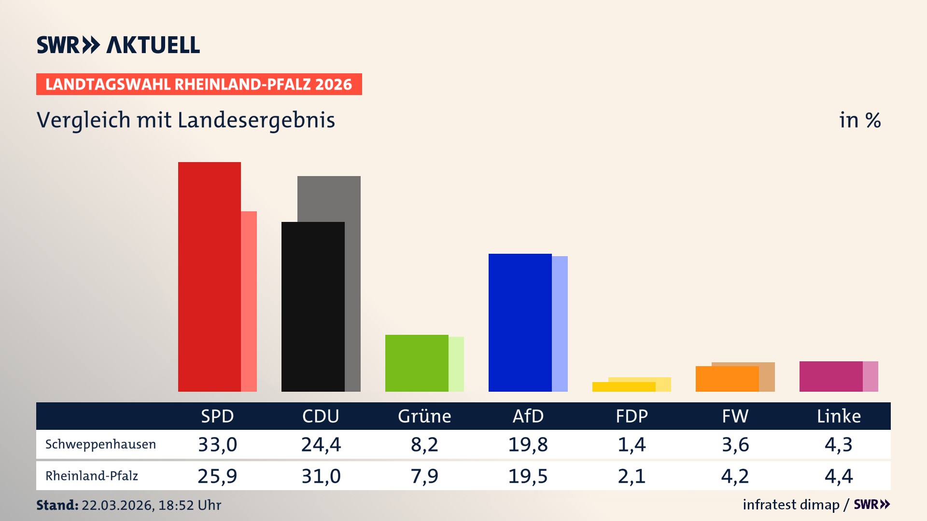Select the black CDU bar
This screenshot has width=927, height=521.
(x=313, y=306)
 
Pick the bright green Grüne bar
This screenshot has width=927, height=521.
(x=416, y=363)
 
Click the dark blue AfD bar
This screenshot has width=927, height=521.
(x=520, y=322)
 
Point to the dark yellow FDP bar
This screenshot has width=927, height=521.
(x=623, y=387)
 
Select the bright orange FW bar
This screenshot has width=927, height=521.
(x=727, y=379)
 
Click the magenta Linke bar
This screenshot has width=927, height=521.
(x=830, y=376)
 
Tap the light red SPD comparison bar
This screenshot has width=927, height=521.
(x=249, y=301)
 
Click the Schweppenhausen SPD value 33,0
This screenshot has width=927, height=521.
(x=217, y=444)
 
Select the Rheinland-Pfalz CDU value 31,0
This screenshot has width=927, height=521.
(x=321, y=476)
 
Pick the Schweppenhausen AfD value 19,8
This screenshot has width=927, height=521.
(x=528, y=444)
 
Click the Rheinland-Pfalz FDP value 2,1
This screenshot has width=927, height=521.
(x=632, y=476)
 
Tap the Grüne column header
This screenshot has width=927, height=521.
(x=424, y=416)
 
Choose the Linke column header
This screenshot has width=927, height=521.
(x=839, y=416)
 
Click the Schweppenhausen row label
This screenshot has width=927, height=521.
(x=100, y=444)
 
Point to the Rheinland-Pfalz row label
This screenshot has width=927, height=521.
(x=92, y=476)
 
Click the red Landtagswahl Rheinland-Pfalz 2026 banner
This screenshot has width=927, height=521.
(x=199, y=84)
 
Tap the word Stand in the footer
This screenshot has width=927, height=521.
(x=56, y=505)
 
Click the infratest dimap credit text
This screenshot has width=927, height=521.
(x=791, y=505)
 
